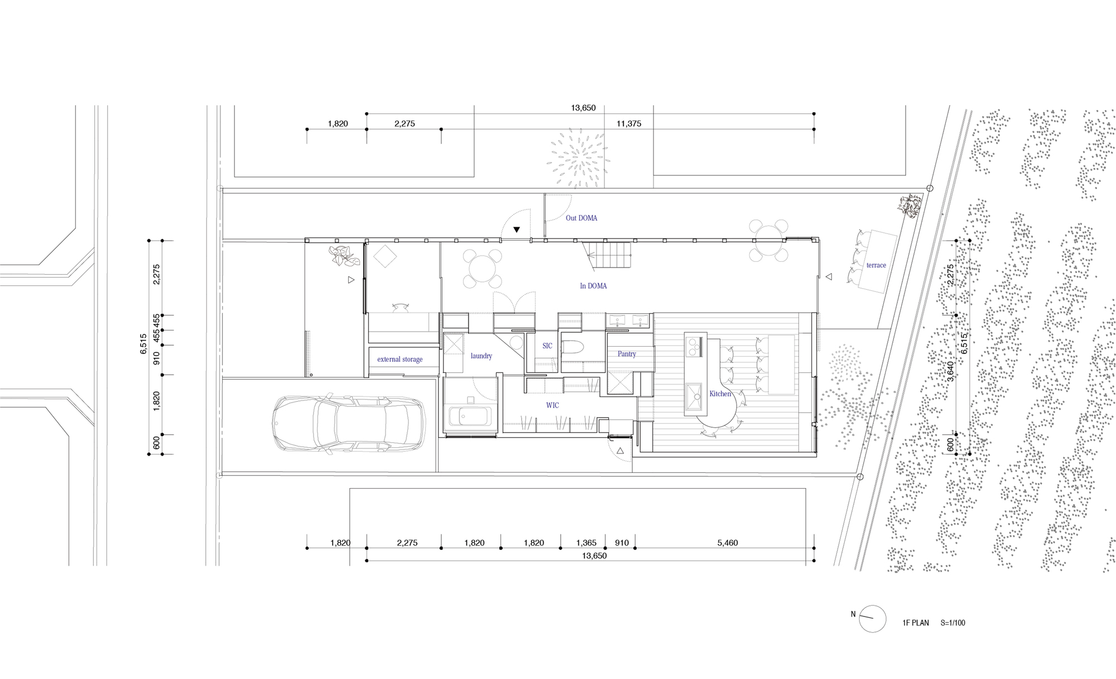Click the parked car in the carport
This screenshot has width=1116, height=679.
coord(349,424)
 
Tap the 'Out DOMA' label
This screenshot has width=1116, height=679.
coord(581,218)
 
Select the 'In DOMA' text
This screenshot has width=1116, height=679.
coord(593,286)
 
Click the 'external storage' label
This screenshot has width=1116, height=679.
coord(400,360)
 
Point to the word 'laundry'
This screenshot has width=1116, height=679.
coord(481,356)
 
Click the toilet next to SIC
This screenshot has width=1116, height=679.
coord(573,347)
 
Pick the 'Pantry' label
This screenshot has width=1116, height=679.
coord(627,354)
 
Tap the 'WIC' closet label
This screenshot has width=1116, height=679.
coord(552,405)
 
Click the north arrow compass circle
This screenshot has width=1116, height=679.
coord(872,619)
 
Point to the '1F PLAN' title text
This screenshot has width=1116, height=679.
coord(916,623)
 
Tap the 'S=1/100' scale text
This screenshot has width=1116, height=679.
coord(953,623)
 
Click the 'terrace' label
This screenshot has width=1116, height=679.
coord(876,265)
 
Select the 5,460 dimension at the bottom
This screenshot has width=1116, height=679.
coord(728,543)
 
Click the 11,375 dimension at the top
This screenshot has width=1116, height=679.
coord(629,124)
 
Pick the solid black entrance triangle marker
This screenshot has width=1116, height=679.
coord(517,229)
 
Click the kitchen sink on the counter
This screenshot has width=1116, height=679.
coord(694,396)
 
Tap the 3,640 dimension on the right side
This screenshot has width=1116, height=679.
coord(951,371)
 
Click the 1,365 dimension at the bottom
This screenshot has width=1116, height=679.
coord(586,543)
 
